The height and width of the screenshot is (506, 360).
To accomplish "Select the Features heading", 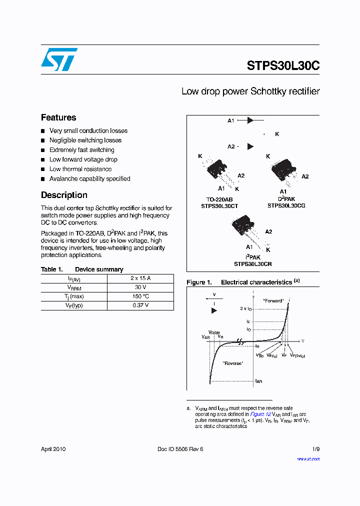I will (58, 117).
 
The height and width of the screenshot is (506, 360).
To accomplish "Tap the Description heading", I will (64, 195).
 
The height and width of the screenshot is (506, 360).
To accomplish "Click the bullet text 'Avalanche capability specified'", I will (89, 178).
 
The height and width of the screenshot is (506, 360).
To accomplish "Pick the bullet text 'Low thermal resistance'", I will (80, 169).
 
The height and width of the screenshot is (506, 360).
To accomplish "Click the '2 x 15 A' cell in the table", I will (141, 278).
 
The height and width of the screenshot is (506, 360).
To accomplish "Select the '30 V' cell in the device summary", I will (141, 287).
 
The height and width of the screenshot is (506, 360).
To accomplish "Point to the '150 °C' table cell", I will (141, 296).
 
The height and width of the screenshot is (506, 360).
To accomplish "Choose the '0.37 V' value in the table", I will (141, 305).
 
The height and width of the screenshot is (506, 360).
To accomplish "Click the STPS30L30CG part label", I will (286, 205).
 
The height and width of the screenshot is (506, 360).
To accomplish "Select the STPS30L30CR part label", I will (252, 264).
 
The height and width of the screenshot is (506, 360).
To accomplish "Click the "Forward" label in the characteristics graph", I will (273, 301).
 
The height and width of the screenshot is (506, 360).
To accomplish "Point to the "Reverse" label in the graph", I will (233, 363).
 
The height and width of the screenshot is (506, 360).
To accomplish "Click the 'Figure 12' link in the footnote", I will (260, 414).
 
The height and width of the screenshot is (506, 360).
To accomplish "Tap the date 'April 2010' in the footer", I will (53, 449).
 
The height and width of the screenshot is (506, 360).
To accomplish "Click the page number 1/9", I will (315, 449).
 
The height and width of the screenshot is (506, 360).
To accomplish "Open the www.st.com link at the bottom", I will (308, 459).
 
